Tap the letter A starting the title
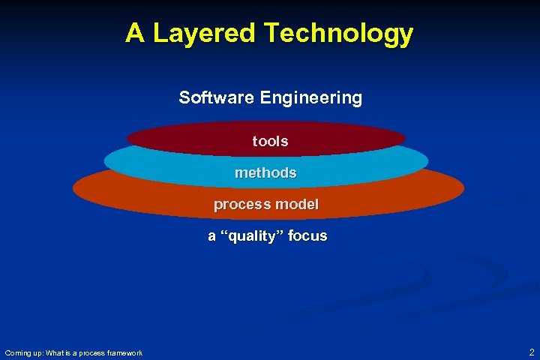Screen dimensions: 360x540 point(135,34)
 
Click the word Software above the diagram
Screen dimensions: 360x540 point(216,97)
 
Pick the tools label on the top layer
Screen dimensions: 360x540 point(270,141)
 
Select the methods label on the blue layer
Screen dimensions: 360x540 point(265,172)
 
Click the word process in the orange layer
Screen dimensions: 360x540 point(240,204)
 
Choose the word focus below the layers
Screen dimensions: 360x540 point(307,235)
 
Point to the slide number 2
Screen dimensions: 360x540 point(531,352)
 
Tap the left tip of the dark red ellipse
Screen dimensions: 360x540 point(128,138)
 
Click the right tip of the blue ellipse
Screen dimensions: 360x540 point(427,160)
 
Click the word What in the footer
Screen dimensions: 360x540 point(58,352)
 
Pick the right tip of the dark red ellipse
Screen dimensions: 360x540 point(404,138)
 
